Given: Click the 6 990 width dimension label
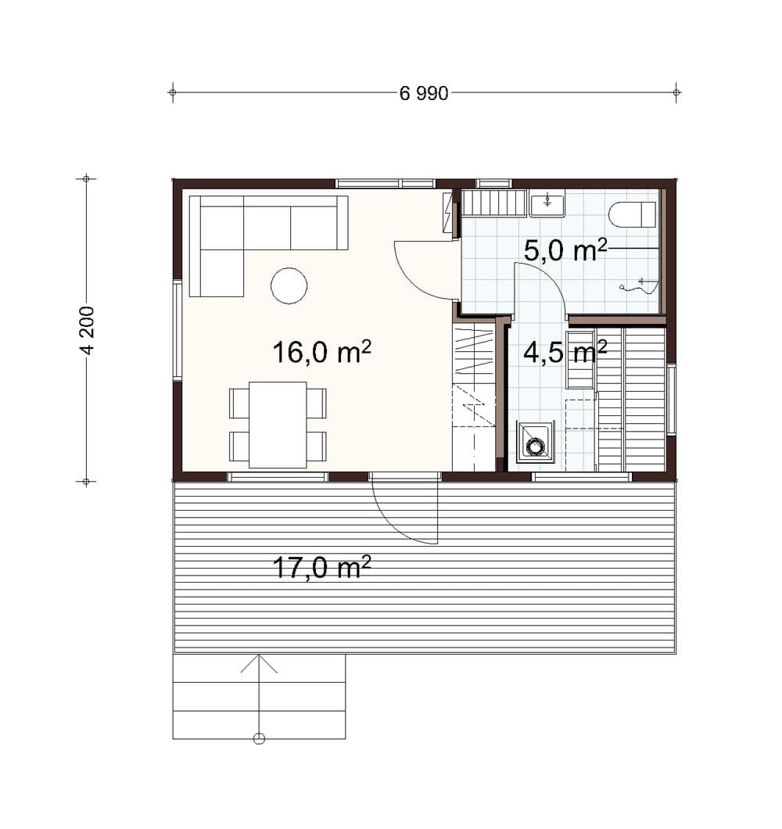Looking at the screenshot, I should (x=424, y=94).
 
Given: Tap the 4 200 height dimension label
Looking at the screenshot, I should (x=87, y=330).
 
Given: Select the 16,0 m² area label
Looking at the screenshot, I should (x=321, y=352).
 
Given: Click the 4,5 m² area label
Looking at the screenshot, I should (x=565, y=352).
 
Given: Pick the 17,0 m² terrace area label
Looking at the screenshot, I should (x=321, y=567).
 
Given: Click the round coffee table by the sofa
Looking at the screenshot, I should (x=289, y=285).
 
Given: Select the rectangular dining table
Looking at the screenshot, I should (x=278, y=425).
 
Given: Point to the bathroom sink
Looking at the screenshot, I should (x=547, y=203).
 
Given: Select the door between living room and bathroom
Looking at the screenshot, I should (x=426, y=270).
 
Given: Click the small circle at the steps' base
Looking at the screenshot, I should (x=259, y=738).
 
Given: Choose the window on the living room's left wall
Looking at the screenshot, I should (x=178, y=330).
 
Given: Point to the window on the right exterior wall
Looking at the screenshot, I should (x=670, y=399).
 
